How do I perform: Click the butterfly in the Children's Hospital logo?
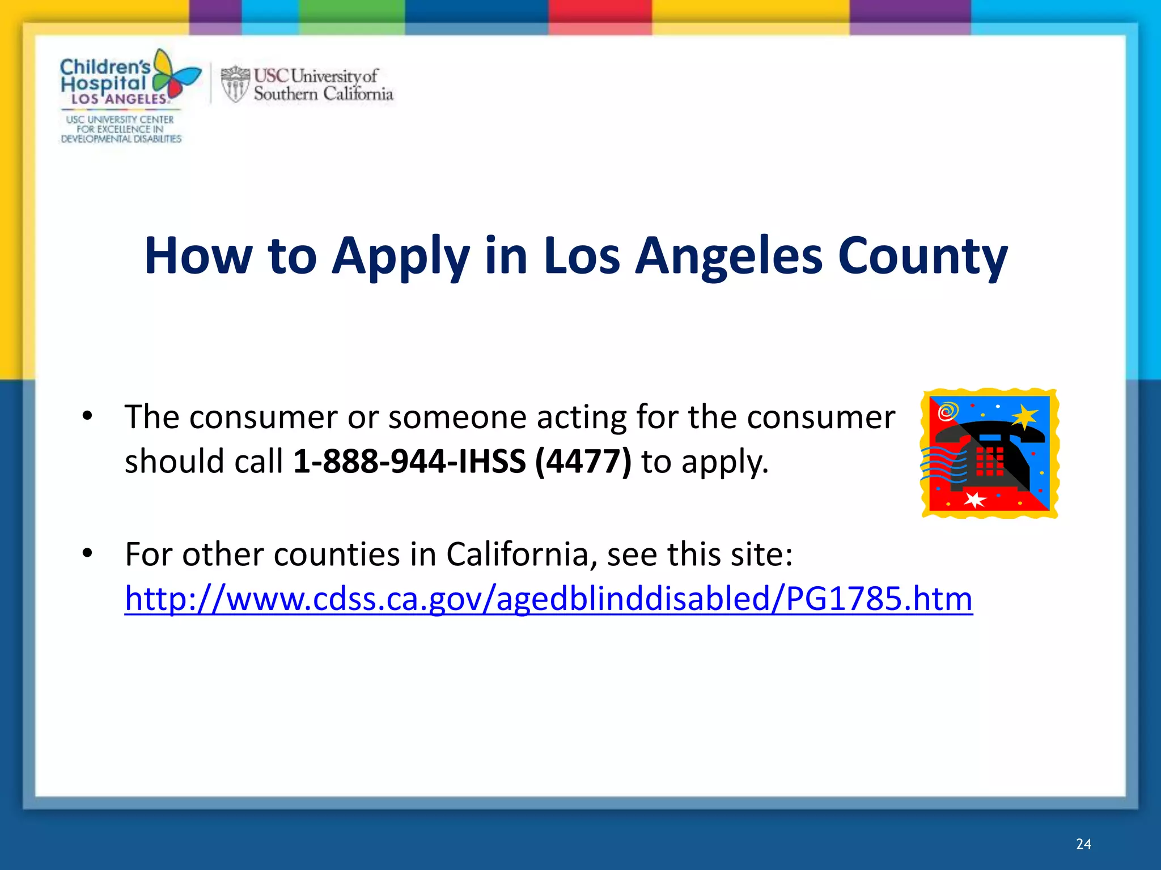coord(176,76)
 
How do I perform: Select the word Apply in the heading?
coord(400,256)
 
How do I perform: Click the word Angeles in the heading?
coord(728,256)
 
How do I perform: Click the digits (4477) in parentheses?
coord(583,462)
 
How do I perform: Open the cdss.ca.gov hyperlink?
coord(548,599)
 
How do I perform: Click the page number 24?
coord(1083,844)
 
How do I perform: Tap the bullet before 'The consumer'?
coord(87,416)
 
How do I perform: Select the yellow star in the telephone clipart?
coord(1025,417)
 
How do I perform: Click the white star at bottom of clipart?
coord(975,500)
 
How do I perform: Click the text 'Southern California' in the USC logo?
coord(323,93)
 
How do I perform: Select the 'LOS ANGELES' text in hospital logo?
coord(119,99)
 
